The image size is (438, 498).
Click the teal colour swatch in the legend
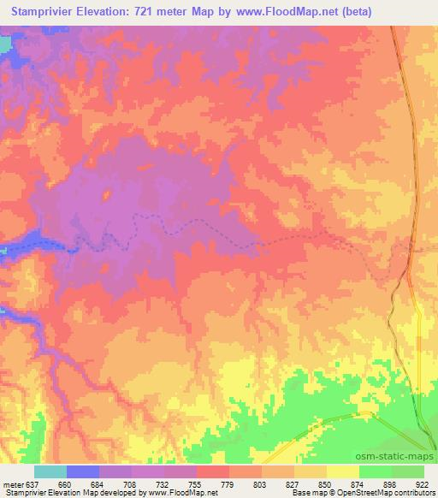(50, 471)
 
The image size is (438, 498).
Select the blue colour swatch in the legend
(83, 471)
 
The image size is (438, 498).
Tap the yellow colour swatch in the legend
(343, 471)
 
